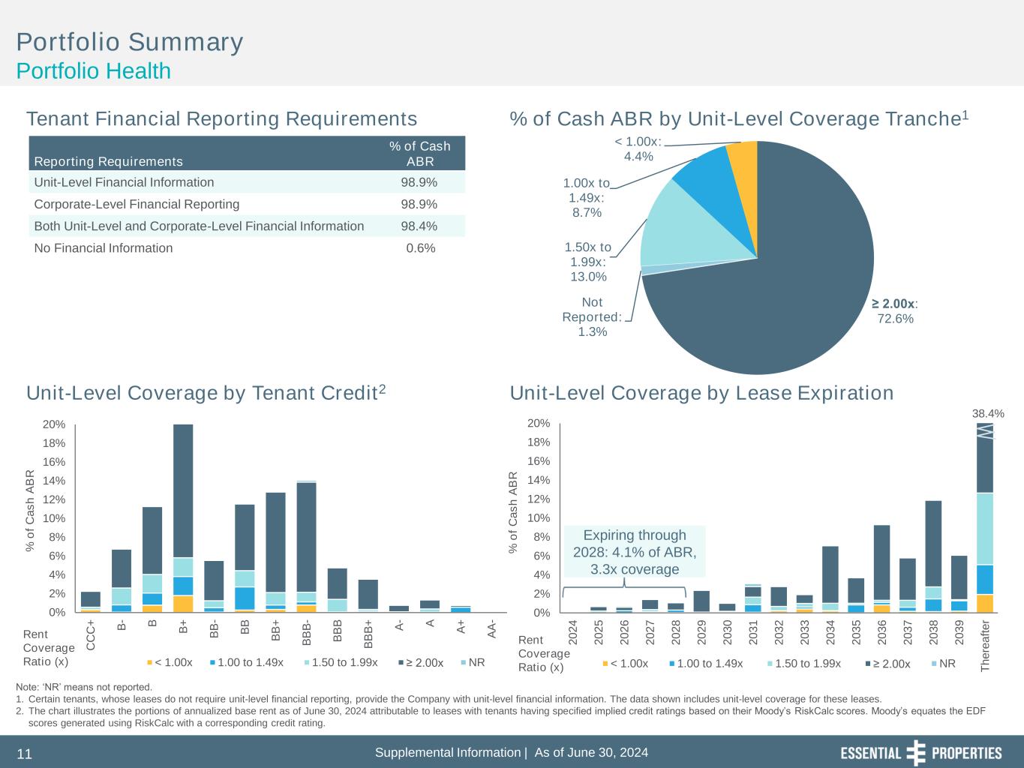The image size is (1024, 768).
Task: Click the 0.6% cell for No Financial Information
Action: (x=420, y=248)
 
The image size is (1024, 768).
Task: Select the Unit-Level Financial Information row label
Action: (x=124, y=182)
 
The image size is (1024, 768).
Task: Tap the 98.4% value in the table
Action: (x=420, y=226)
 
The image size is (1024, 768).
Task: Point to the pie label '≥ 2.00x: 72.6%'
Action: (x=895, y=311)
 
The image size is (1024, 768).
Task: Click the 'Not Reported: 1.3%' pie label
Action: (x=592, y=316)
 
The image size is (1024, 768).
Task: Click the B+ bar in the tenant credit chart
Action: (x=183, y=517)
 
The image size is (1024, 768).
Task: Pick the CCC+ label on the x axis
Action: (x=91, y=634)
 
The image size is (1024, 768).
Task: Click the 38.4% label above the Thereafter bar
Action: (x=988, y=413)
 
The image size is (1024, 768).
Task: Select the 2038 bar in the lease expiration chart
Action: (x=933, y=556)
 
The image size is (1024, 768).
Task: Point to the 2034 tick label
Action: (x=830, y=631)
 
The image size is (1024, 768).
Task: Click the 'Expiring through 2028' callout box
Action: (x=635, y=552)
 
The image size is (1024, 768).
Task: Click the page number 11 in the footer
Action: (x=24, y=754)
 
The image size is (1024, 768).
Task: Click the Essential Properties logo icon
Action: (x=916, y=752)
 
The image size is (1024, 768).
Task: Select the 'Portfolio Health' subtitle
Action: (x=94, y=71)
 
